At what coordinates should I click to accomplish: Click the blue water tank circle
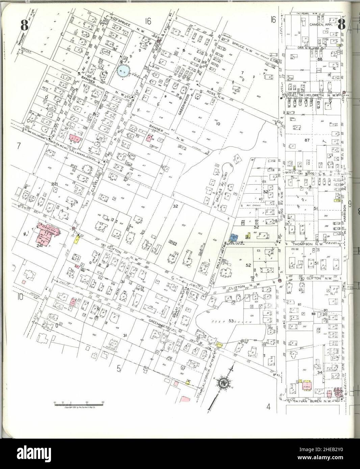tap(123, 71)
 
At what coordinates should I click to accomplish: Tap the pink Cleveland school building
tap(47, 233)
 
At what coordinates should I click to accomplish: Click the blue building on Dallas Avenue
tap(233, 238)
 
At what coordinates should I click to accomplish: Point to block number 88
tap(320, 59)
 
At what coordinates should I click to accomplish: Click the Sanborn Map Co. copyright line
tap(80, 408)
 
